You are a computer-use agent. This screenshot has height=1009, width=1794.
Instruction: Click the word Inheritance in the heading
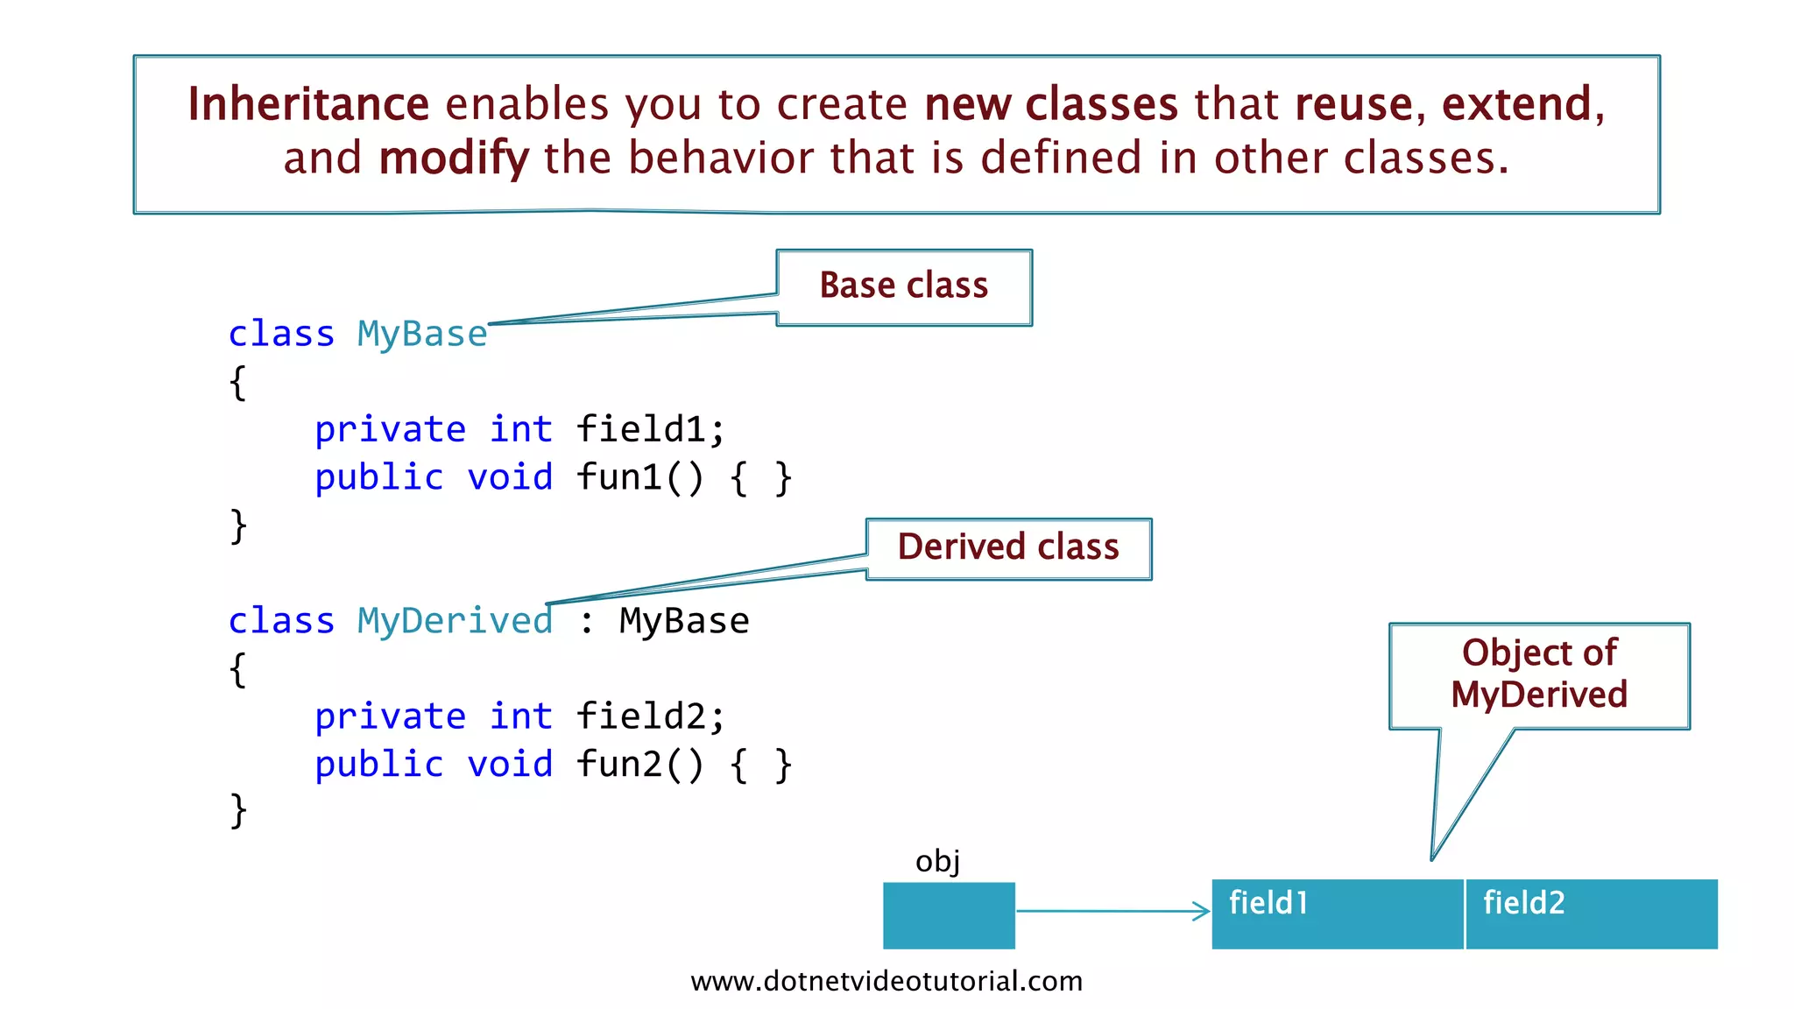click(308, 104)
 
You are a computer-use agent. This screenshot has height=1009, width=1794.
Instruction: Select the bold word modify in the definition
click(454, 159)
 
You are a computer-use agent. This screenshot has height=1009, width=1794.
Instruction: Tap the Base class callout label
click(904, 286)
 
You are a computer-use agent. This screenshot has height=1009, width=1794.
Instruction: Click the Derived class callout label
click(1008, 547)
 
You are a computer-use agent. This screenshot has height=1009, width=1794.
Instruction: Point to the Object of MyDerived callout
click(1539, 674)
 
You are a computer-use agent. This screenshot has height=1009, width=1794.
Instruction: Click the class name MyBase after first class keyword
click(422, 335)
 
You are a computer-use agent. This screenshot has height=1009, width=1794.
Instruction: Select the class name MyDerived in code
click(455, 621)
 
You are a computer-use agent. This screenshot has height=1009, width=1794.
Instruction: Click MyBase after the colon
click(684, 621)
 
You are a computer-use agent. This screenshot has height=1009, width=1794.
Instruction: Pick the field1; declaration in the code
click(650, 430)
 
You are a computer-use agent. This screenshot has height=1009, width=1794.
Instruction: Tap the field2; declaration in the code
click(650, 716)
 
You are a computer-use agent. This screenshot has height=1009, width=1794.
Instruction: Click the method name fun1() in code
click(639, 478)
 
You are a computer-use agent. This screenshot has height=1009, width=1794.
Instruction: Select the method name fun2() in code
click(639, 765)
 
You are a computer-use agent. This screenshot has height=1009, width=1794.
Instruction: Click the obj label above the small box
click(937, 862)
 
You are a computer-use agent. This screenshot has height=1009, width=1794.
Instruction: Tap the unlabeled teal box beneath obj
click(949, 915)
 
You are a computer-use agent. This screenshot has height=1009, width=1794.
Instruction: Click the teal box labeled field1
click(1337, 914)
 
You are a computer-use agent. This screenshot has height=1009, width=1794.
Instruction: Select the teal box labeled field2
click(1591, 914)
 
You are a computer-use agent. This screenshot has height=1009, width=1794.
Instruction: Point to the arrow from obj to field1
click(1112, 912)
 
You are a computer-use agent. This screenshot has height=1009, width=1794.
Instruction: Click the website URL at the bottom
click(886, 981)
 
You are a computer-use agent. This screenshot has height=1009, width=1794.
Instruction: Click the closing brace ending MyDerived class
click(238, 810)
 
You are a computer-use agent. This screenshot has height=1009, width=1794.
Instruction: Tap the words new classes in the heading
click(1051, 104)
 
